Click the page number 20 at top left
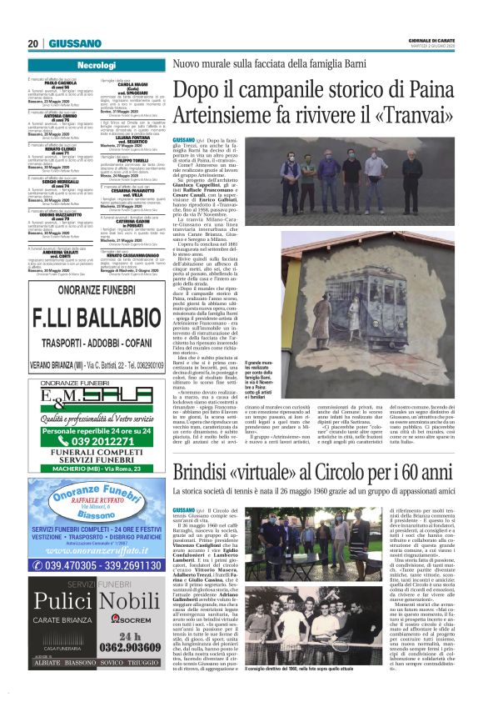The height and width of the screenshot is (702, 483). click(x=33, y=43)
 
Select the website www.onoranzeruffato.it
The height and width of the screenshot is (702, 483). click(x=94, y=551)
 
